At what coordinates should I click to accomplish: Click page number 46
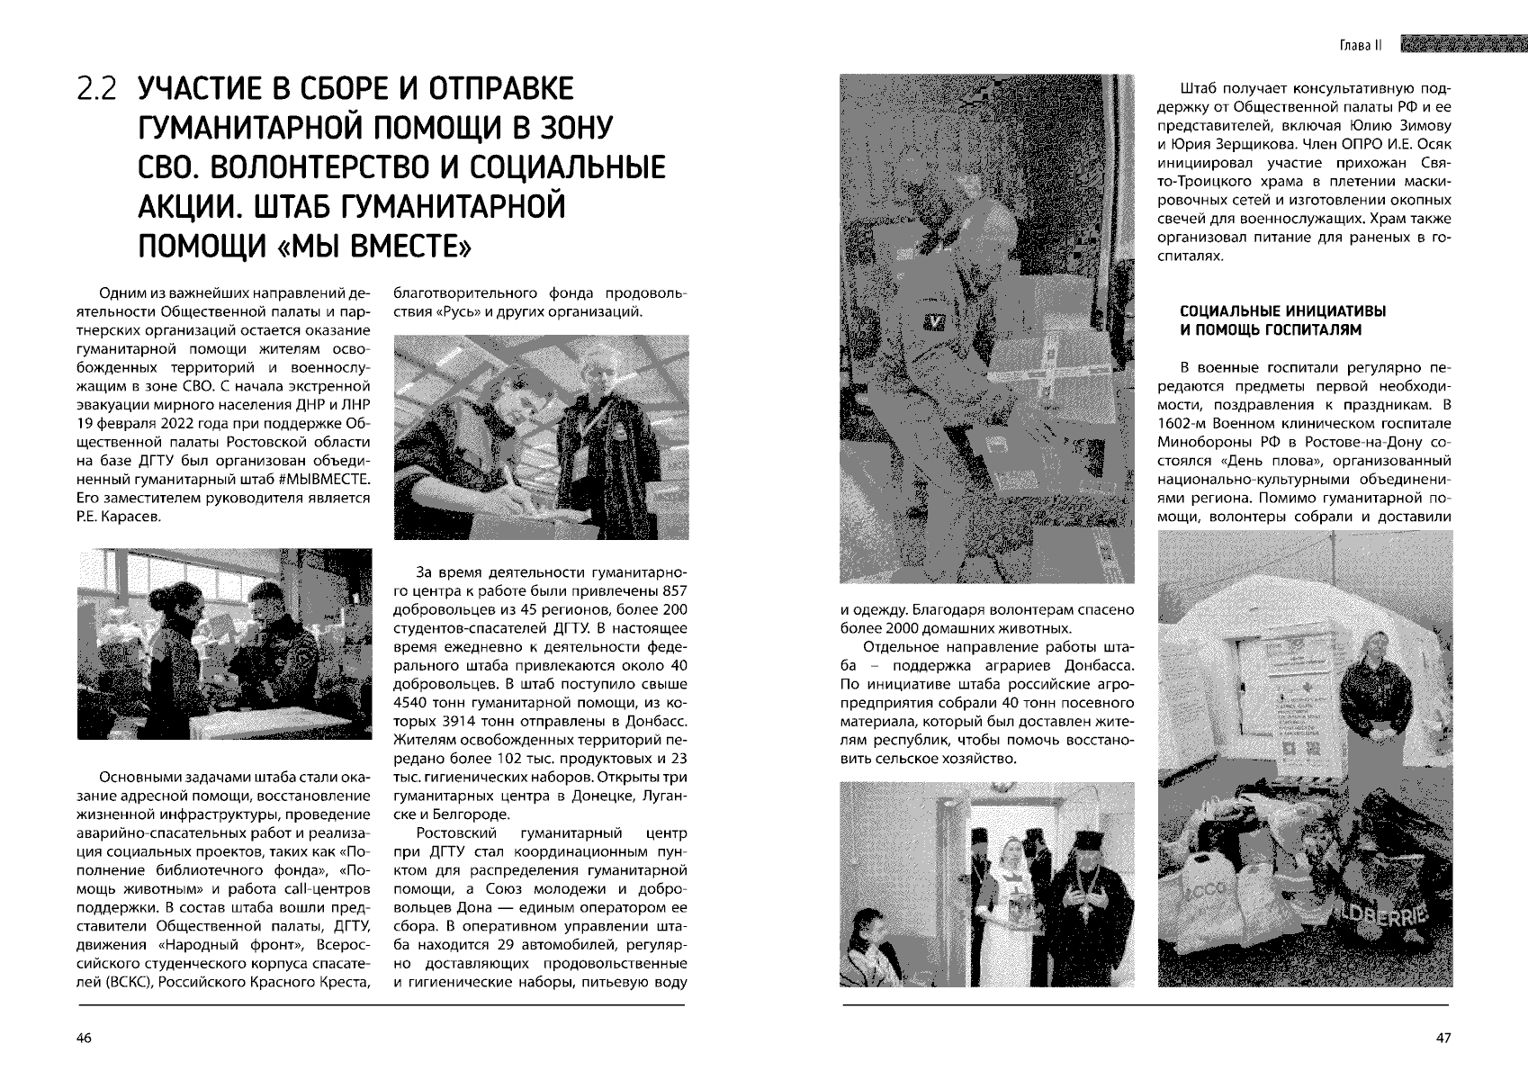coord(84,1039)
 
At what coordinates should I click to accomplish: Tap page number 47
coord(1443,1039)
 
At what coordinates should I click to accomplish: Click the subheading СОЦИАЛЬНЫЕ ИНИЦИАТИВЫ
coord(1282,311)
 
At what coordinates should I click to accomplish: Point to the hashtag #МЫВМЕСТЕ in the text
coord(325,480)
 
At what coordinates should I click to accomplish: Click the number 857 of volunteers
coord(674,590)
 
